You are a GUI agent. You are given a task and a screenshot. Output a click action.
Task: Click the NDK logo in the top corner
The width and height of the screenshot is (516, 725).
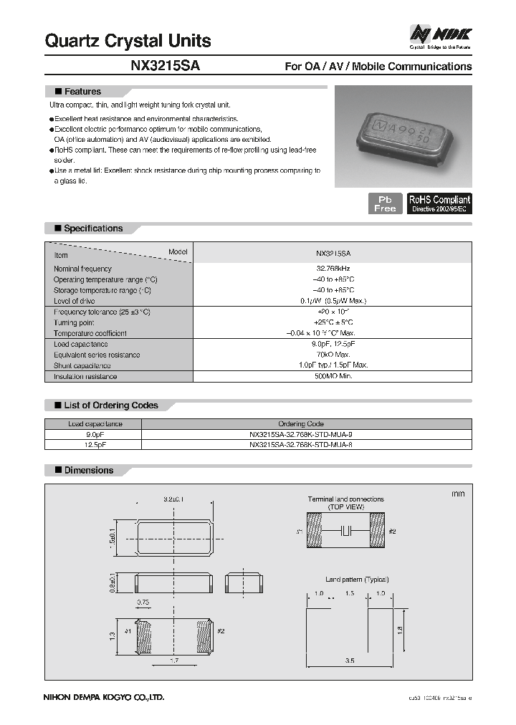440,34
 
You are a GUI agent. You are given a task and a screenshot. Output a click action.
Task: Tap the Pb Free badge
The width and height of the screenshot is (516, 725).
385,203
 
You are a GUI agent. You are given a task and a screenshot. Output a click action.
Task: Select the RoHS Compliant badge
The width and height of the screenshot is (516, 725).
439,203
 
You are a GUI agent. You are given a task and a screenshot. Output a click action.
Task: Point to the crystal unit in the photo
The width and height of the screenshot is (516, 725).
402,136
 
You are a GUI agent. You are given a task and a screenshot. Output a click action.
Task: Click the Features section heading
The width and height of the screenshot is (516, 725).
82,92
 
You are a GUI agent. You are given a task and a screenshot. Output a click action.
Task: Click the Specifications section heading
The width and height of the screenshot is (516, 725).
93,229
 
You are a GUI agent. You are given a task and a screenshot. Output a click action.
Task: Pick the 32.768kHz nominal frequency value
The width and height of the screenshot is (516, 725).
333,269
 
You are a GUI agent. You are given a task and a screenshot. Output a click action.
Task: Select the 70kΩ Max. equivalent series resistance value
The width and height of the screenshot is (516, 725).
333,355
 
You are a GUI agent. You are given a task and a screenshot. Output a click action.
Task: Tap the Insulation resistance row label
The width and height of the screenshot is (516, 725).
85,376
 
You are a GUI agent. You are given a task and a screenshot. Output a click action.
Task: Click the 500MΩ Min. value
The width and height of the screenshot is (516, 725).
333,376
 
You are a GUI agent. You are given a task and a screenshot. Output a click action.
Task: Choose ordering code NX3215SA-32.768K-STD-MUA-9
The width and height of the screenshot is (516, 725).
300,434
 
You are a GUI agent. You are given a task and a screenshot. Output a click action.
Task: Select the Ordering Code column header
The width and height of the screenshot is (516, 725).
300,423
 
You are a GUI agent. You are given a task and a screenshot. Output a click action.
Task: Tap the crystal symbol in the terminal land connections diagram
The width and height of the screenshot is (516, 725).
346,532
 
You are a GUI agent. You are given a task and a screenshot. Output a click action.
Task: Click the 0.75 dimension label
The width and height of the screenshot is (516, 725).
144,602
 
